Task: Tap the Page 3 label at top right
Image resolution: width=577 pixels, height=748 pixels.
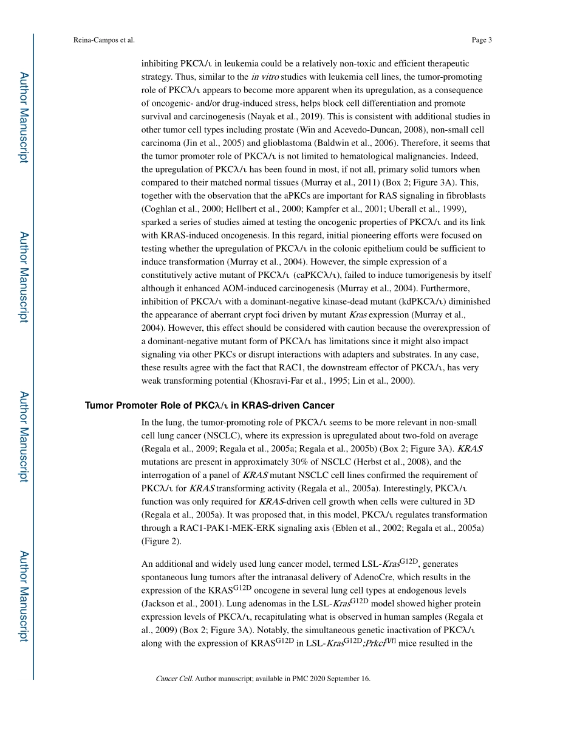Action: (481, 40)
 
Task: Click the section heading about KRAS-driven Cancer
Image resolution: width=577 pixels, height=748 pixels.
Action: (210, 405)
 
